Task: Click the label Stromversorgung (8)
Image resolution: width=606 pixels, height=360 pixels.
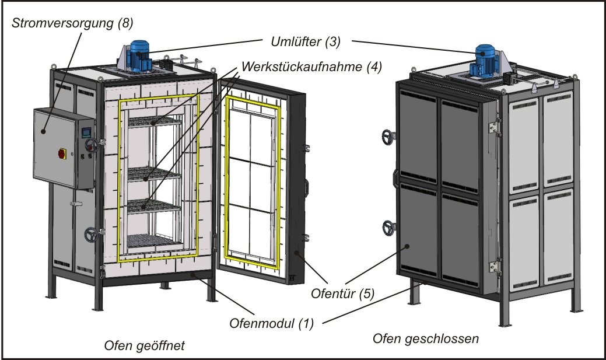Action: tap(72, 23)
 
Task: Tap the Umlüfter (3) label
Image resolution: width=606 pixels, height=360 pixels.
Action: tap(305, 41)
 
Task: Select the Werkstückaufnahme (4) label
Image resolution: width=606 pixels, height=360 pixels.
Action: tap(311, 67)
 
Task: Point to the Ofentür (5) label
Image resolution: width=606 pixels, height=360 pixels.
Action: tap(342, 293)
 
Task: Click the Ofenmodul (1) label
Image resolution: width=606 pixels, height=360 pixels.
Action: tap(271, 323)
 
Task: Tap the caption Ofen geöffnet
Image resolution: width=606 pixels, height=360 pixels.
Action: tap(145, 345)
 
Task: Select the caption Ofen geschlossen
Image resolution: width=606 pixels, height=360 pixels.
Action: tap(426, 339)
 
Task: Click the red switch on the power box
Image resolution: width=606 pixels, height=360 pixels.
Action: tap(62, 153)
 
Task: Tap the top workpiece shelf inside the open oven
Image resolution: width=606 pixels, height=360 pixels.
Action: tap(154, 122)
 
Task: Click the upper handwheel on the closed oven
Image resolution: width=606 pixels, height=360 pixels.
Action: tap(388, 137)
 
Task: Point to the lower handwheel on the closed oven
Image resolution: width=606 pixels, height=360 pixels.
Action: tap(388, 228)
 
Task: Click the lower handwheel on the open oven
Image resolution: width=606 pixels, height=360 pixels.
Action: tap(91, 235)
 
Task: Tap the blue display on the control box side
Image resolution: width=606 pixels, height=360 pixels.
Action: tap(86, 132)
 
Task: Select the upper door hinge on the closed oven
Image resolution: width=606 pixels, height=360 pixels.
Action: tap(493, 128)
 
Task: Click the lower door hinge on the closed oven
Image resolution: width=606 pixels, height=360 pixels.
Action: tap(494, 267)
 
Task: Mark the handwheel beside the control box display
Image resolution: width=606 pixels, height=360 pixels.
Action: tap(92, 145)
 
